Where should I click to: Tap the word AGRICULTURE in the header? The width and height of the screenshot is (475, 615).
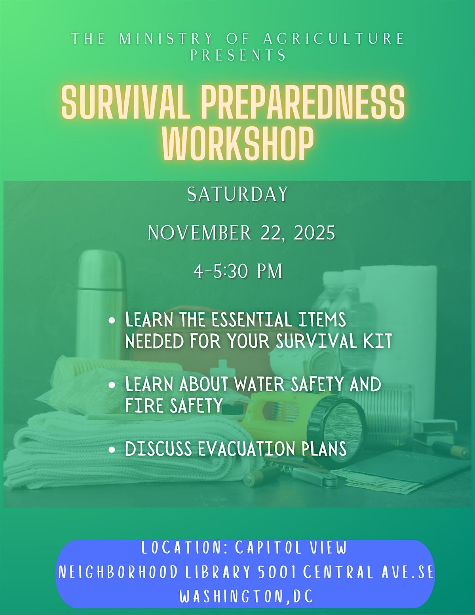(x=334, y=39)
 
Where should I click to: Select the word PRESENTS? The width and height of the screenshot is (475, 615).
(x=238, y=55)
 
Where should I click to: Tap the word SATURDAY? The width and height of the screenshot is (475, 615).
(x=238, y=194)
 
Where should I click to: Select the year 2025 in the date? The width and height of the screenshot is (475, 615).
(x=315, y=233)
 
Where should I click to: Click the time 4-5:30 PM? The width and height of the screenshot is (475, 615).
(x=238, y=272)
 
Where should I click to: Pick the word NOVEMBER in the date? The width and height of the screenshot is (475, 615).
(x=199, y=233)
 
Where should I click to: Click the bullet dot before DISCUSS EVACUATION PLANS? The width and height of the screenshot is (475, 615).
(x=112, y=450)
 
